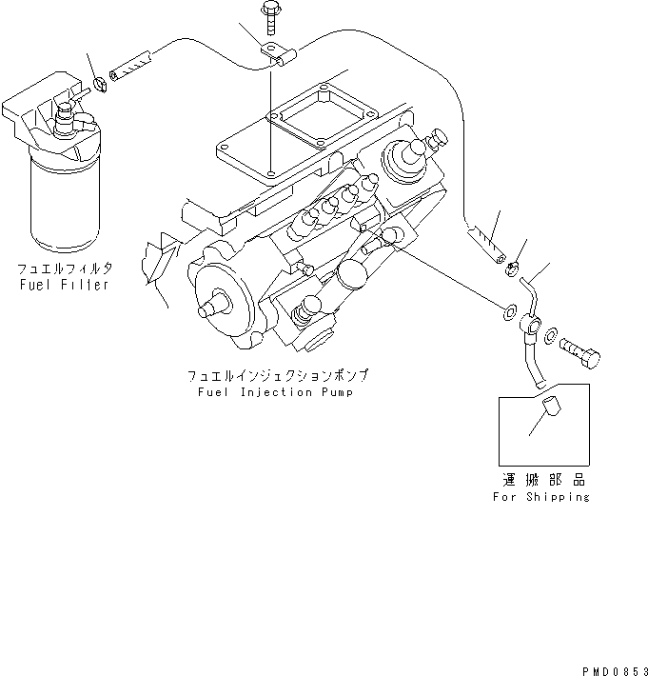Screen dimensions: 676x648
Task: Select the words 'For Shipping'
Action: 540,496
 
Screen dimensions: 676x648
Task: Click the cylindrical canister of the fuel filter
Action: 65,200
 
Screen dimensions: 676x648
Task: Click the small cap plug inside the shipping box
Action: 549,416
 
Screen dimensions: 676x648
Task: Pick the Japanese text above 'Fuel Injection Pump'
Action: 278,376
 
